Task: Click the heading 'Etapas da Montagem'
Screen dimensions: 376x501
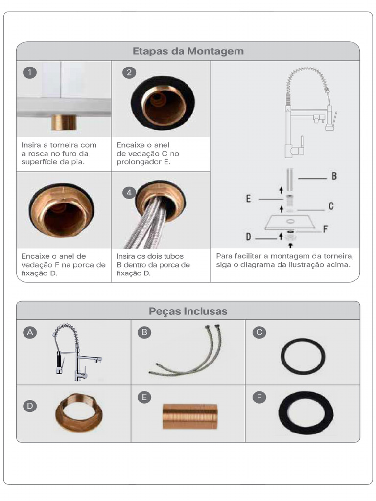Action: point(188,51)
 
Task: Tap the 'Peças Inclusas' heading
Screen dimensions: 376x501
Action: point(188,311)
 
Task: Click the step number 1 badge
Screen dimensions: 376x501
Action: point(30,72)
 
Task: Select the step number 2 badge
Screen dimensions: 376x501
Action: point(129,72)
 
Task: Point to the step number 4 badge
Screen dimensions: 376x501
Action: point(129,193)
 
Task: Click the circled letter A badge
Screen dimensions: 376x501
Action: point(30,332)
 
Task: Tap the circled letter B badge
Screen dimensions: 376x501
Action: point(144,332)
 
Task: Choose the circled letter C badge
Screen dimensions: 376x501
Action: point(259,332)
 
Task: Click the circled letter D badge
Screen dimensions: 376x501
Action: point(30,406)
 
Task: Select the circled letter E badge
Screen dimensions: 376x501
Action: point(144,397)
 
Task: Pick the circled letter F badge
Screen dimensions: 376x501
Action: point(259,397)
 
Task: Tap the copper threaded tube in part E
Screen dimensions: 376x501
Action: point(190,416)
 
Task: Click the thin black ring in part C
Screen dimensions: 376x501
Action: point(282,356)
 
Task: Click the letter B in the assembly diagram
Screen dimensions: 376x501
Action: point(334,176)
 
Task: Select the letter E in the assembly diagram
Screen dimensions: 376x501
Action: point(248,199)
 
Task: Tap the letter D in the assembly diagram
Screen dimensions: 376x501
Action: point(248,237)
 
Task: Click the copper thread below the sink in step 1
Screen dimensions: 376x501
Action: point(64,122)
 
